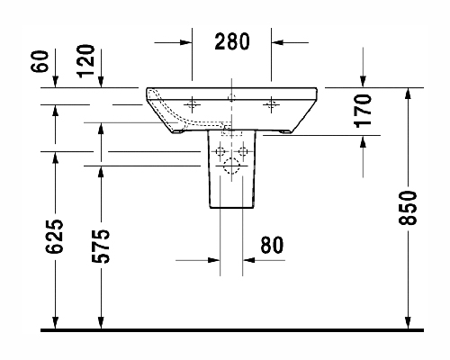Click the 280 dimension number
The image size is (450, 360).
[232, 41]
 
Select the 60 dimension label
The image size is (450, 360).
[40, 61]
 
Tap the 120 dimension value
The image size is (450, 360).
[85, 61]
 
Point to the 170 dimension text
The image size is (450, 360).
[363, 111]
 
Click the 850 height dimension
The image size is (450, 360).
[408, 208]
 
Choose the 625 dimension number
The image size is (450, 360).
[54, 236]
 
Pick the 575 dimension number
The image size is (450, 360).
[100, 247]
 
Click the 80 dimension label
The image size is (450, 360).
[272, 245]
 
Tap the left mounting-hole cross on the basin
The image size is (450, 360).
[192, 104]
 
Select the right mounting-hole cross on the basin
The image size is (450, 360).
[271, 104]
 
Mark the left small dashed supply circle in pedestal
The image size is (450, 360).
[220, 151]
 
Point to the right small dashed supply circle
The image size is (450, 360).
[242, 151]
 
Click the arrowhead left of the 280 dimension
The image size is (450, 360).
[186, 42]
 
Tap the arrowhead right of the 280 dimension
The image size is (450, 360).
[277, 42]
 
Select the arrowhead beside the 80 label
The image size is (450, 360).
[248, 260]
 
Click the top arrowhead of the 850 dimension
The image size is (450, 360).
[408, 94]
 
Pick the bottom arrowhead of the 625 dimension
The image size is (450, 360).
[55, 323]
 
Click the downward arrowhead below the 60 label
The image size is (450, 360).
[55, 82]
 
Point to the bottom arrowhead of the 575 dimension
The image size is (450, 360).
[101, 323]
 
